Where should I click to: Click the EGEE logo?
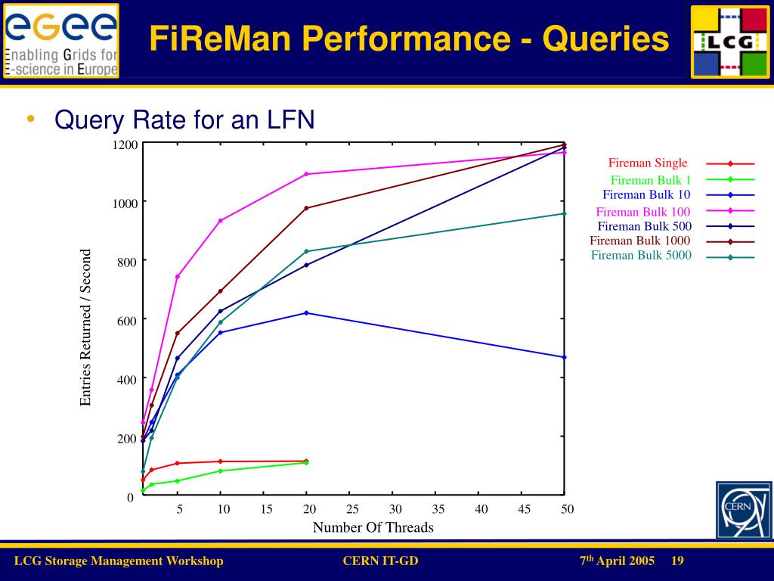(61, 40)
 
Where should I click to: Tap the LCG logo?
(729, 41)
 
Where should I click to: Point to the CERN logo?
(744, 510)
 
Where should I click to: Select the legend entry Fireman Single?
(648, 163)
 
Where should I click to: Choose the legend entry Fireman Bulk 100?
(642, 212)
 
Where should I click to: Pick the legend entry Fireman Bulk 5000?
(641, 256)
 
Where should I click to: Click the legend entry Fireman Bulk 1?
(651, 180)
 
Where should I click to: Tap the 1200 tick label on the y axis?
(125, 144)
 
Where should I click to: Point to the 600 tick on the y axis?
(126, 320)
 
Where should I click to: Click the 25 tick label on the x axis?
(352, 509)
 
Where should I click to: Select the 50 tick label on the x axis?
(567, 509)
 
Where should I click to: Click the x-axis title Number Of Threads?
(373, 527)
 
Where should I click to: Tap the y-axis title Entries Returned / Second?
(85, 327)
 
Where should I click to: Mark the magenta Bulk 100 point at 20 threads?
(306, 174)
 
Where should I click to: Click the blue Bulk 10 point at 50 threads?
(565, 357)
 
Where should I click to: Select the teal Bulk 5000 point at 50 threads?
(565, 213)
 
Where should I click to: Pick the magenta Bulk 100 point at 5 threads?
(178, 276)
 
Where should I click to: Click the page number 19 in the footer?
(676, 561)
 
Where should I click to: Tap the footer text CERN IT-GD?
(380, 561)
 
